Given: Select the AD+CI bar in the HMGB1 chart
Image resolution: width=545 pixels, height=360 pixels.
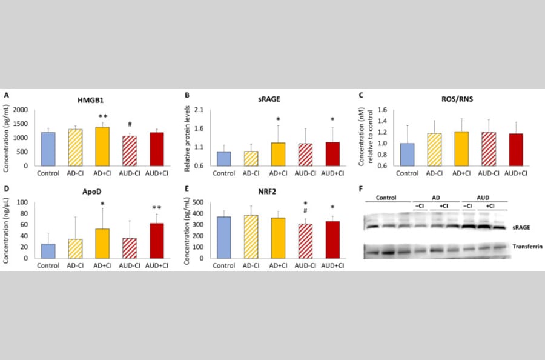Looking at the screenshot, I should pyautogui.click(x=104, y=146).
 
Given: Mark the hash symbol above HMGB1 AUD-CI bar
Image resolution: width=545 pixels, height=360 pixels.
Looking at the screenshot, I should pyautogui.click(x=130, y=124).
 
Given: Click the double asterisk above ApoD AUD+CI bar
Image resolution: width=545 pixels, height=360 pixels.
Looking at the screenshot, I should pyautogui.click(x=156, y=208).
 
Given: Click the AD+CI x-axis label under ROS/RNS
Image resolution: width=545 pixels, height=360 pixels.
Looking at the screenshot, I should pyautogui.click(x=460, y=172).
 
